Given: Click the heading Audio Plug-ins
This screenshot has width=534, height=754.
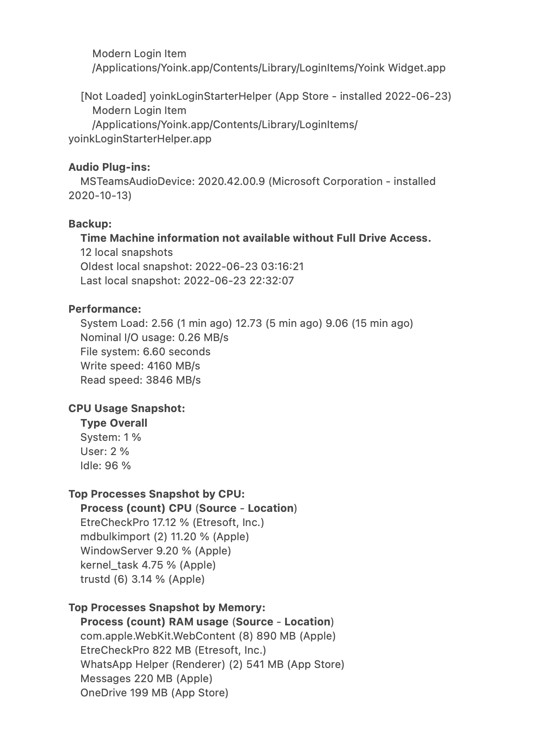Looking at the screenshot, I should click(109, 167).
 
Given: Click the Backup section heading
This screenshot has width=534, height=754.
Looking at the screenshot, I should click(90, 224).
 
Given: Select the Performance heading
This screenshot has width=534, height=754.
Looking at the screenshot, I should click(105, 309).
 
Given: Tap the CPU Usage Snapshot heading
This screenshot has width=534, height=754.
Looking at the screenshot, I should click(126, 408).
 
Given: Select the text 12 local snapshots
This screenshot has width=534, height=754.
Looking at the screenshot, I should click(126, 252).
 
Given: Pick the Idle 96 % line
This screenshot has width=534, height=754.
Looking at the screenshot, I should click(106, 466).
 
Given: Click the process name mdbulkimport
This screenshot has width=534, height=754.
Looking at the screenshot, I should click(115, 537).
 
